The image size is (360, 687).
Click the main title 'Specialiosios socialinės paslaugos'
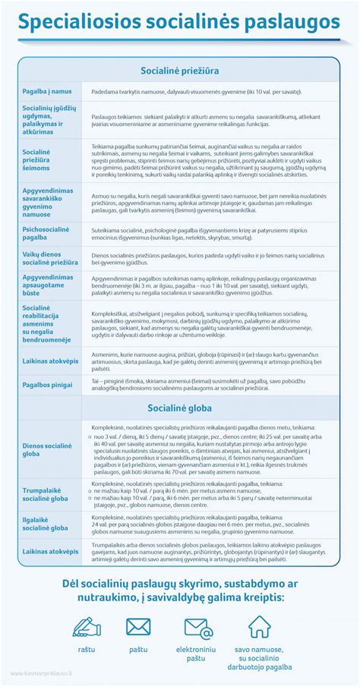click(x=179, y=24)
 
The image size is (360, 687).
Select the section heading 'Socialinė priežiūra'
click(x=179, y=71)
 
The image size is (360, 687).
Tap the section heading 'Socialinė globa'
click(x=179, y=408)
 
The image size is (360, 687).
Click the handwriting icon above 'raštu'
click(x=87, y=626)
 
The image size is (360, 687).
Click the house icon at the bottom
click(x=259, y=626)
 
